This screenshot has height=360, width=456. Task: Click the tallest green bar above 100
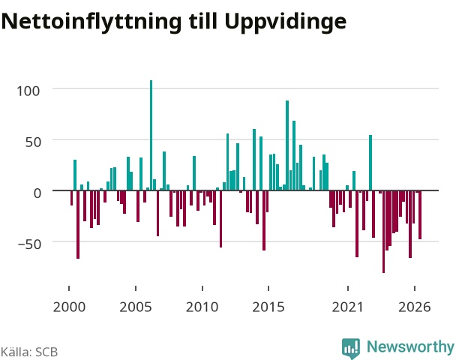click(151, 135)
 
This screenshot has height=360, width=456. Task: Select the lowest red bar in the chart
click(383, 232)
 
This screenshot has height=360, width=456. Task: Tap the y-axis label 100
click(28, 91)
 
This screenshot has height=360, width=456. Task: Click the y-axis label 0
click(37, 193)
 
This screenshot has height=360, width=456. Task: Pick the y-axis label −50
click(30, 244)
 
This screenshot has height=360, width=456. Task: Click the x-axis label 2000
click(69, 307)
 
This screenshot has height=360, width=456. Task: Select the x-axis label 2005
click(136, 307)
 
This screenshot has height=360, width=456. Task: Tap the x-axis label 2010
click(202, 307)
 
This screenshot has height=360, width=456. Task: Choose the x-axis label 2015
click(268, 307)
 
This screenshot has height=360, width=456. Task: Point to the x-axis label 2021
click(348, 307)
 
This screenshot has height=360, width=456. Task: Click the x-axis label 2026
click(415, 307)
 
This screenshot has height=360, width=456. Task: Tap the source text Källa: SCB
click(29, 352)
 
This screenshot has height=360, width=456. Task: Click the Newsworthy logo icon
click(351, 348)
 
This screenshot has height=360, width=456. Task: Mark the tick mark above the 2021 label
click(348, 288)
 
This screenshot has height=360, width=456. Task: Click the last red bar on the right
click(420, 215)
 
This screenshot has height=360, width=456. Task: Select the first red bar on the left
click(71, 198)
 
